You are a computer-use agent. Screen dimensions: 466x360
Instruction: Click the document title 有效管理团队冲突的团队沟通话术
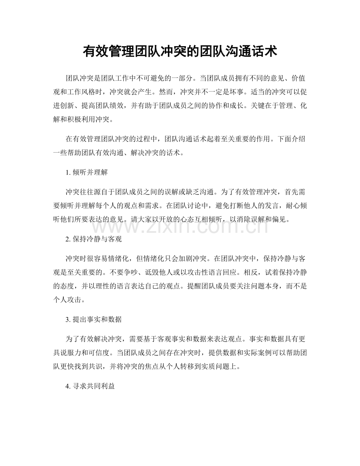[180, 51]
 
